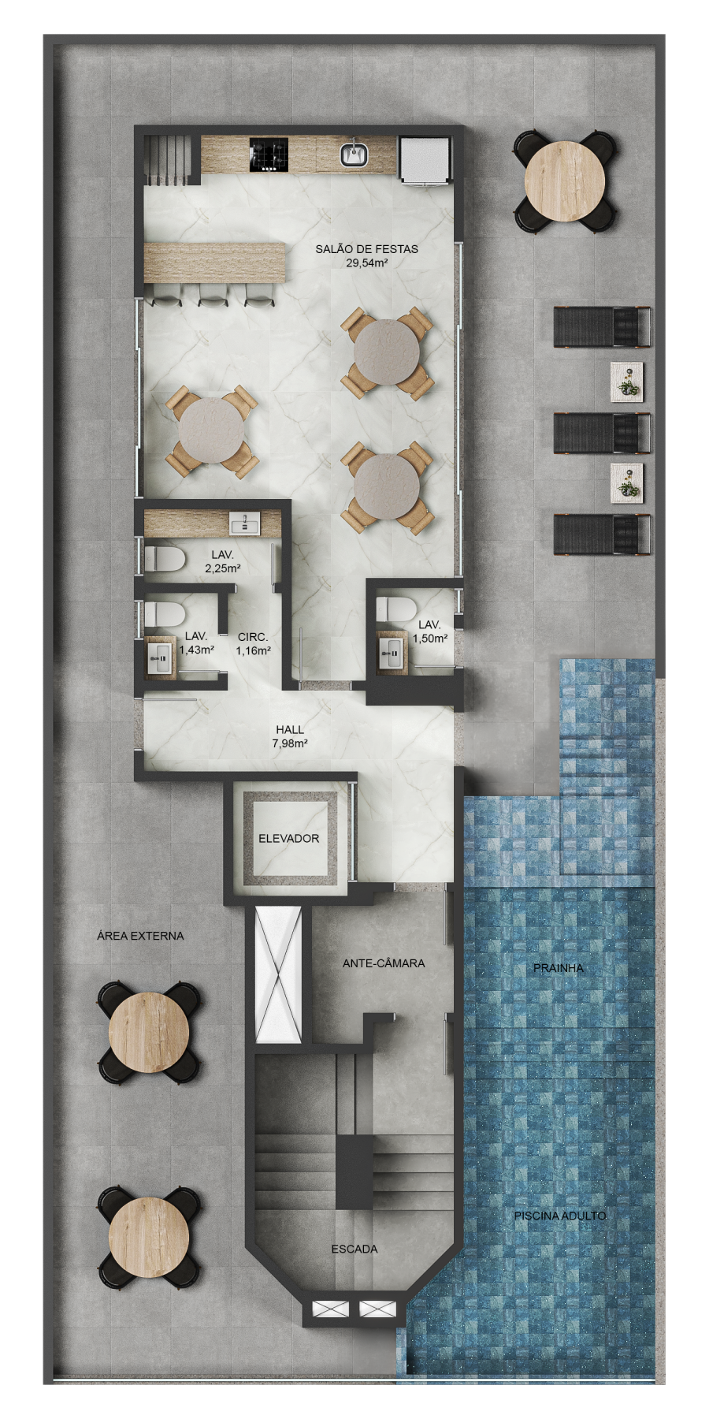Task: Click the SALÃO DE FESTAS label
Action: coord(366,249)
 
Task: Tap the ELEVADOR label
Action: coord(289,838)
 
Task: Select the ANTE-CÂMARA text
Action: coord(384,963)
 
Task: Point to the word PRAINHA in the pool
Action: coord(559,967)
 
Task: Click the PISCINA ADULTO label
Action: coord(560,1216)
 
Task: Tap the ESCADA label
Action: coord(354,1249)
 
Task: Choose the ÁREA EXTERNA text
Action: coord(140,936)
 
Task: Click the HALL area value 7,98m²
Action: coord(290,743)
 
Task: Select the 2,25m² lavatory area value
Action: coord(223,568)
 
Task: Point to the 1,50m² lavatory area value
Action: coord(430,639)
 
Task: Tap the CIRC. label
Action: coord(253,637)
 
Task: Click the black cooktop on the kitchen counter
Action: coord(269,155)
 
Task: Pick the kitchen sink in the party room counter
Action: coord(354,155)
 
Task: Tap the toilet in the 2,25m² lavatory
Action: coord(164,560)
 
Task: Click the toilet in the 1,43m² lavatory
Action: coord(164,613)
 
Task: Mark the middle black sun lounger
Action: coord(603,433)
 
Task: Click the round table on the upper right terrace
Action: coord(565,181)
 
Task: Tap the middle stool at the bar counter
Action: coord(213,294)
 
